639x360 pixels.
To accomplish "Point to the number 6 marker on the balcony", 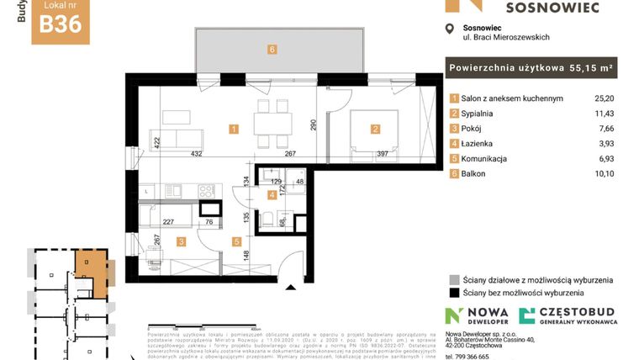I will click(x=272, y=50).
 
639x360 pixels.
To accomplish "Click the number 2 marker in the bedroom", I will click(x=375, y=129).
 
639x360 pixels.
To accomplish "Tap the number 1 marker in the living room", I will click(x=234, y=129).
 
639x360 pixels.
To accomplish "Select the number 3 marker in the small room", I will click(x=181, y=242).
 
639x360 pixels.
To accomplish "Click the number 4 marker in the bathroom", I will click(x=272, y=195).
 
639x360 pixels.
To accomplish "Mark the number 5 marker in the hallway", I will click(x=237, y=242).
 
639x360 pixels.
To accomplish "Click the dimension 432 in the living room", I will click(x=197, y=154).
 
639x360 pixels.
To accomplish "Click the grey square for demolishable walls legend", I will click(x=455, y=279).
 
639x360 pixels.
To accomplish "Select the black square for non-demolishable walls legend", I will click(x=455, y=294).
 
